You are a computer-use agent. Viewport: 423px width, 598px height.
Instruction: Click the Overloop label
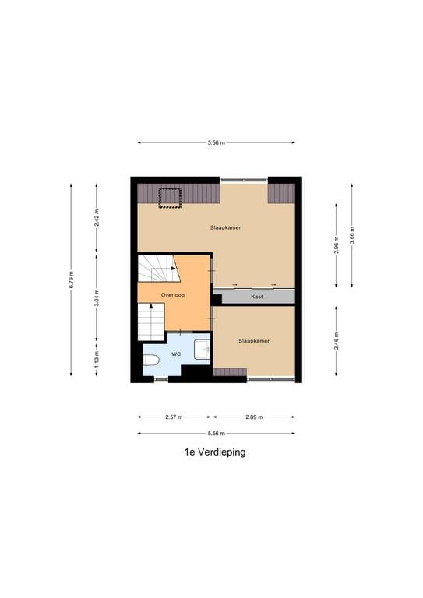[172, 296]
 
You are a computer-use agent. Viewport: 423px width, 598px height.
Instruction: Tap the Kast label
[256, 297]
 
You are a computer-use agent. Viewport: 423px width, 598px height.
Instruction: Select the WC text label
[176, 354]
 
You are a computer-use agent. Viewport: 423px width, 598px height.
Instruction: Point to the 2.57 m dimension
[174, 417]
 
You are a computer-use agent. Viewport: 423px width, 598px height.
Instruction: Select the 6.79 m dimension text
[71, 279]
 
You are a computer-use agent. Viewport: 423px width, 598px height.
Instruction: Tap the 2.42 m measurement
[97, 218]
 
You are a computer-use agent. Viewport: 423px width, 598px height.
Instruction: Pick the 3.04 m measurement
[97, 297]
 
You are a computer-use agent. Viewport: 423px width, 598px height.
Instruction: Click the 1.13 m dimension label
[97, 359]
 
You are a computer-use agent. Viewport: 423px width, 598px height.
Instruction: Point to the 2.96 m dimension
[336, 243]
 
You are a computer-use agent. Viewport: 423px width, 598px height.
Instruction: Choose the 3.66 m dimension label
[352, 234]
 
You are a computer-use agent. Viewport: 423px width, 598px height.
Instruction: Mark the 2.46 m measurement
[336, 340]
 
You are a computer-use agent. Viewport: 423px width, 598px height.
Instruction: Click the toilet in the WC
[151, 361]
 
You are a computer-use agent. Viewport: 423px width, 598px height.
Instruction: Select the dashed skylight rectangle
[169, 198]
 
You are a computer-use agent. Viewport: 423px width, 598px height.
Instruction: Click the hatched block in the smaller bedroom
[230, 371]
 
